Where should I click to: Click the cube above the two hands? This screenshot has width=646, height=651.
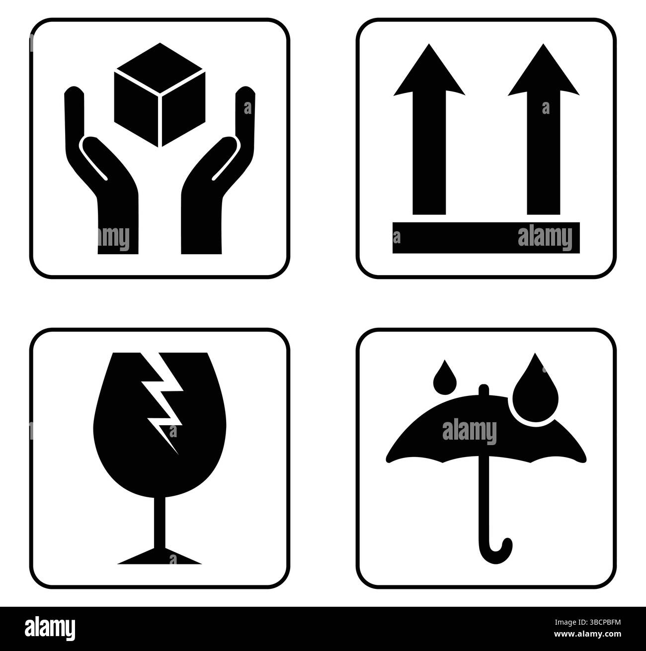(x=160, y=94)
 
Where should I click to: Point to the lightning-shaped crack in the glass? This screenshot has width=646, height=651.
(x=162, y=398)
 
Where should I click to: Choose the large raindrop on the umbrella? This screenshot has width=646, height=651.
(x=536, y=393)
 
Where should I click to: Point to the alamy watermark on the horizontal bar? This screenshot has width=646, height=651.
(x=545, y=238)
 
